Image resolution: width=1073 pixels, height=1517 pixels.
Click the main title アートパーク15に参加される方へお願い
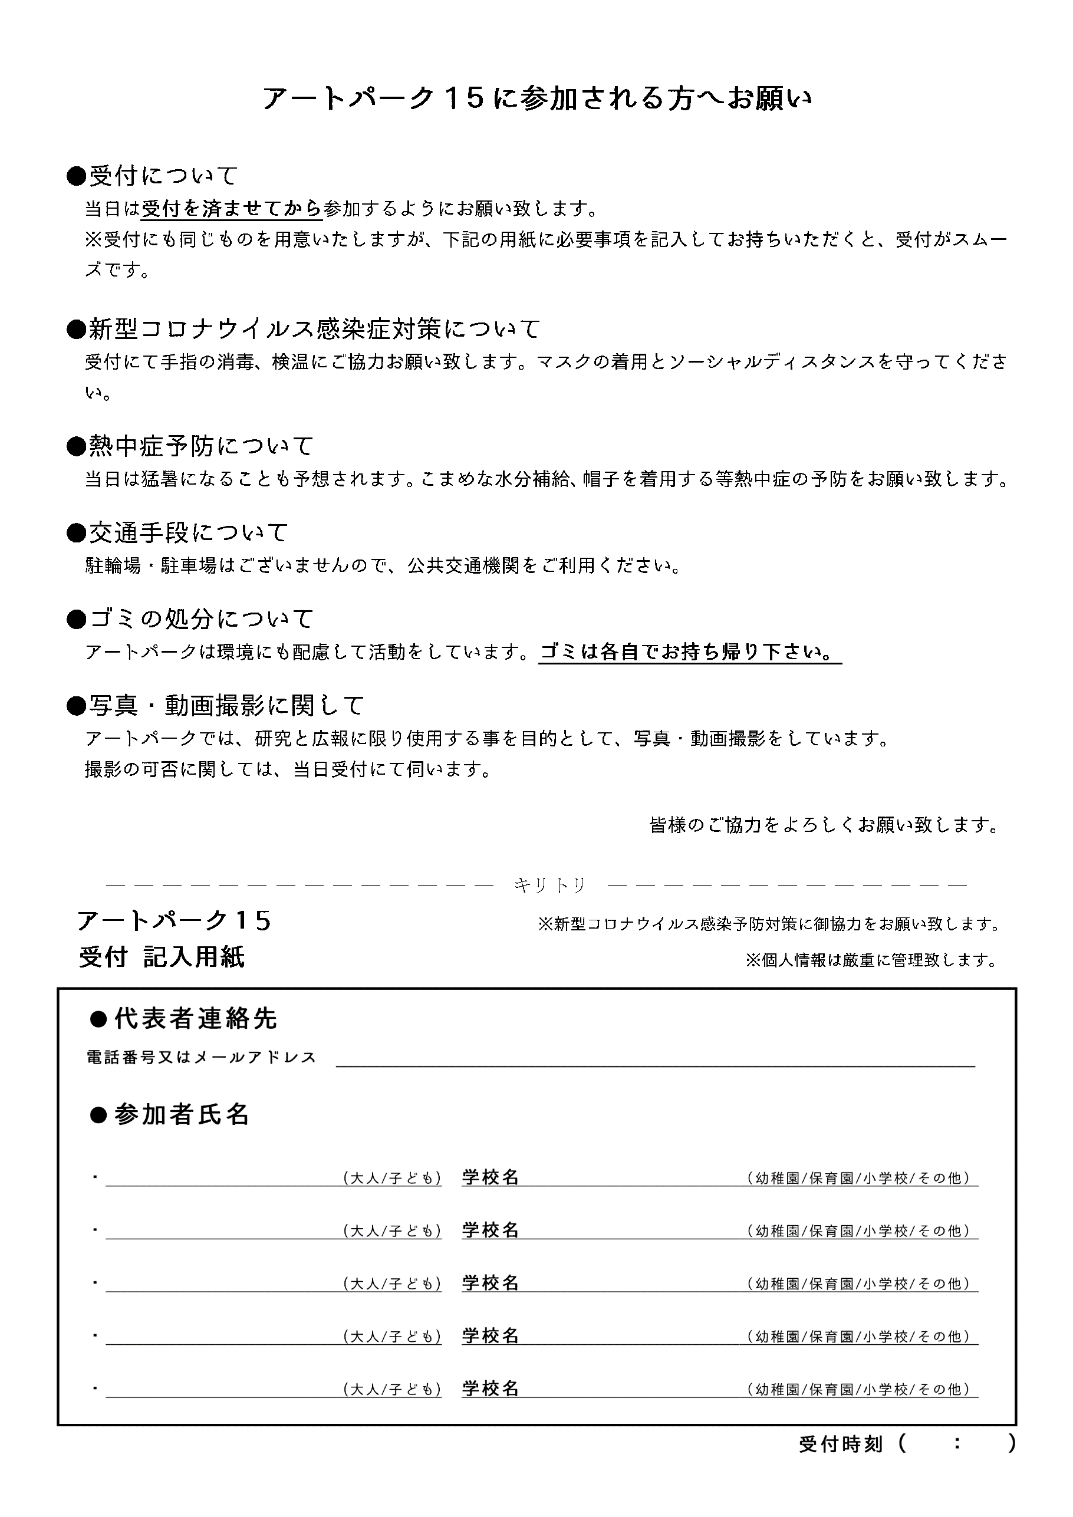[x=536, y=99]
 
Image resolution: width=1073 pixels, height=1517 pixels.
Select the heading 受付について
[x=153, y=176]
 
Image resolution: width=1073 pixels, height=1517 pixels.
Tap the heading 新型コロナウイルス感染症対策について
[x=305, y=328]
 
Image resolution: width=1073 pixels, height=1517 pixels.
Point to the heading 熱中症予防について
[x=191, y=446]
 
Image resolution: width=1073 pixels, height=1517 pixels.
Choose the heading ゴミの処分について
[x=191, y=619]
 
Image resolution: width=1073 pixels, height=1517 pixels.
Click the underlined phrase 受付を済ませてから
[x=232, y=209]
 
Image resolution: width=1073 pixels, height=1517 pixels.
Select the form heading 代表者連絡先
[x=185, y=1019]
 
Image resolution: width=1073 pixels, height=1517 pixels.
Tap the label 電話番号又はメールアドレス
[x=202, y=1058]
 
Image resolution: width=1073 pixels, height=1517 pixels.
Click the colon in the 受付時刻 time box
[x=957, y=1444]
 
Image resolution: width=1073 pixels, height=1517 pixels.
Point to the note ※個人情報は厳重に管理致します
[x=871, y=960]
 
